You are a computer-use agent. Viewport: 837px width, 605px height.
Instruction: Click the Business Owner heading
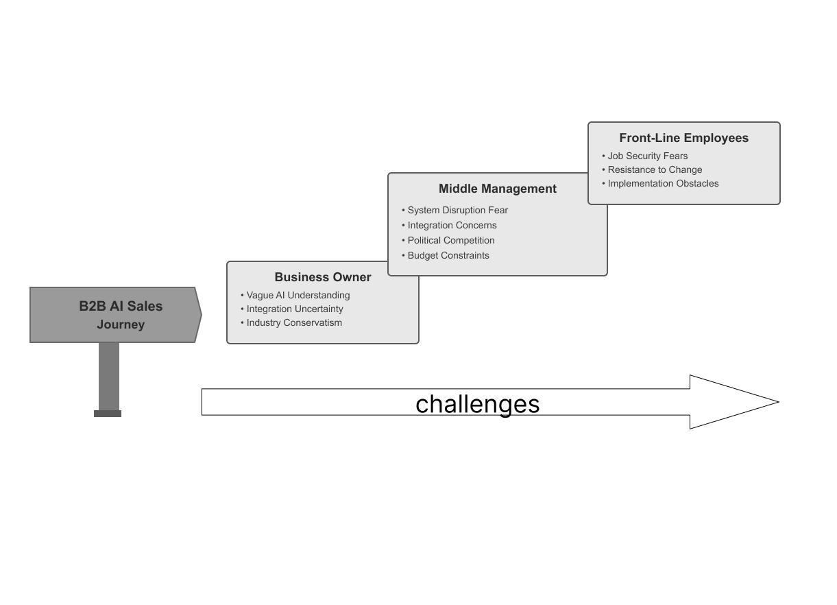323,277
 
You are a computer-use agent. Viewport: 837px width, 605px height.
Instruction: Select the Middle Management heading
498,189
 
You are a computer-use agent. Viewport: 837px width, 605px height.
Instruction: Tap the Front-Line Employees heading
683,138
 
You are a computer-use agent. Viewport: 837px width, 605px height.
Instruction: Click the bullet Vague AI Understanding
298,295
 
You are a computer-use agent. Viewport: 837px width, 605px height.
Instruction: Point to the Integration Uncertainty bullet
295,309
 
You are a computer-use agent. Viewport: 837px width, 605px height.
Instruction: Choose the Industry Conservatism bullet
294,322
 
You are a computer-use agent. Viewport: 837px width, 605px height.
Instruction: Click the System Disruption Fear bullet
457,210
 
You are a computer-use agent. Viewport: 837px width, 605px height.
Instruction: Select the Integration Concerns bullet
452,225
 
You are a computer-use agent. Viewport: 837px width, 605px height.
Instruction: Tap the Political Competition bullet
450,240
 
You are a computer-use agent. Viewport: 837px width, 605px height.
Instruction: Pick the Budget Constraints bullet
448,255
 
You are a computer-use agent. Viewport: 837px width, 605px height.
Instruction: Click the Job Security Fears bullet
647,156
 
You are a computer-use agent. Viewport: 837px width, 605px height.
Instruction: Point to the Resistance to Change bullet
655,169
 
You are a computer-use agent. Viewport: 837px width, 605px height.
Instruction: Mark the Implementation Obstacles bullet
663,183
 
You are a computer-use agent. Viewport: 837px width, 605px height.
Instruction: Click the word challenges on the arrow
478,404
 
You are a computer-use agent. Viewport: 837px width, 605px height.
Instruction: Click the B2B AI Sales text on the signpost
121,306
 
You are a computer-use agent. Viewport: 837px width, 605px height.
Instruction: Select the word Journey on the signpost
121,324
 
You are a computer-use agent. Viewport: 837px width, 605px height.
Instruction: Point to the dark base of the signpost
108,414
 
